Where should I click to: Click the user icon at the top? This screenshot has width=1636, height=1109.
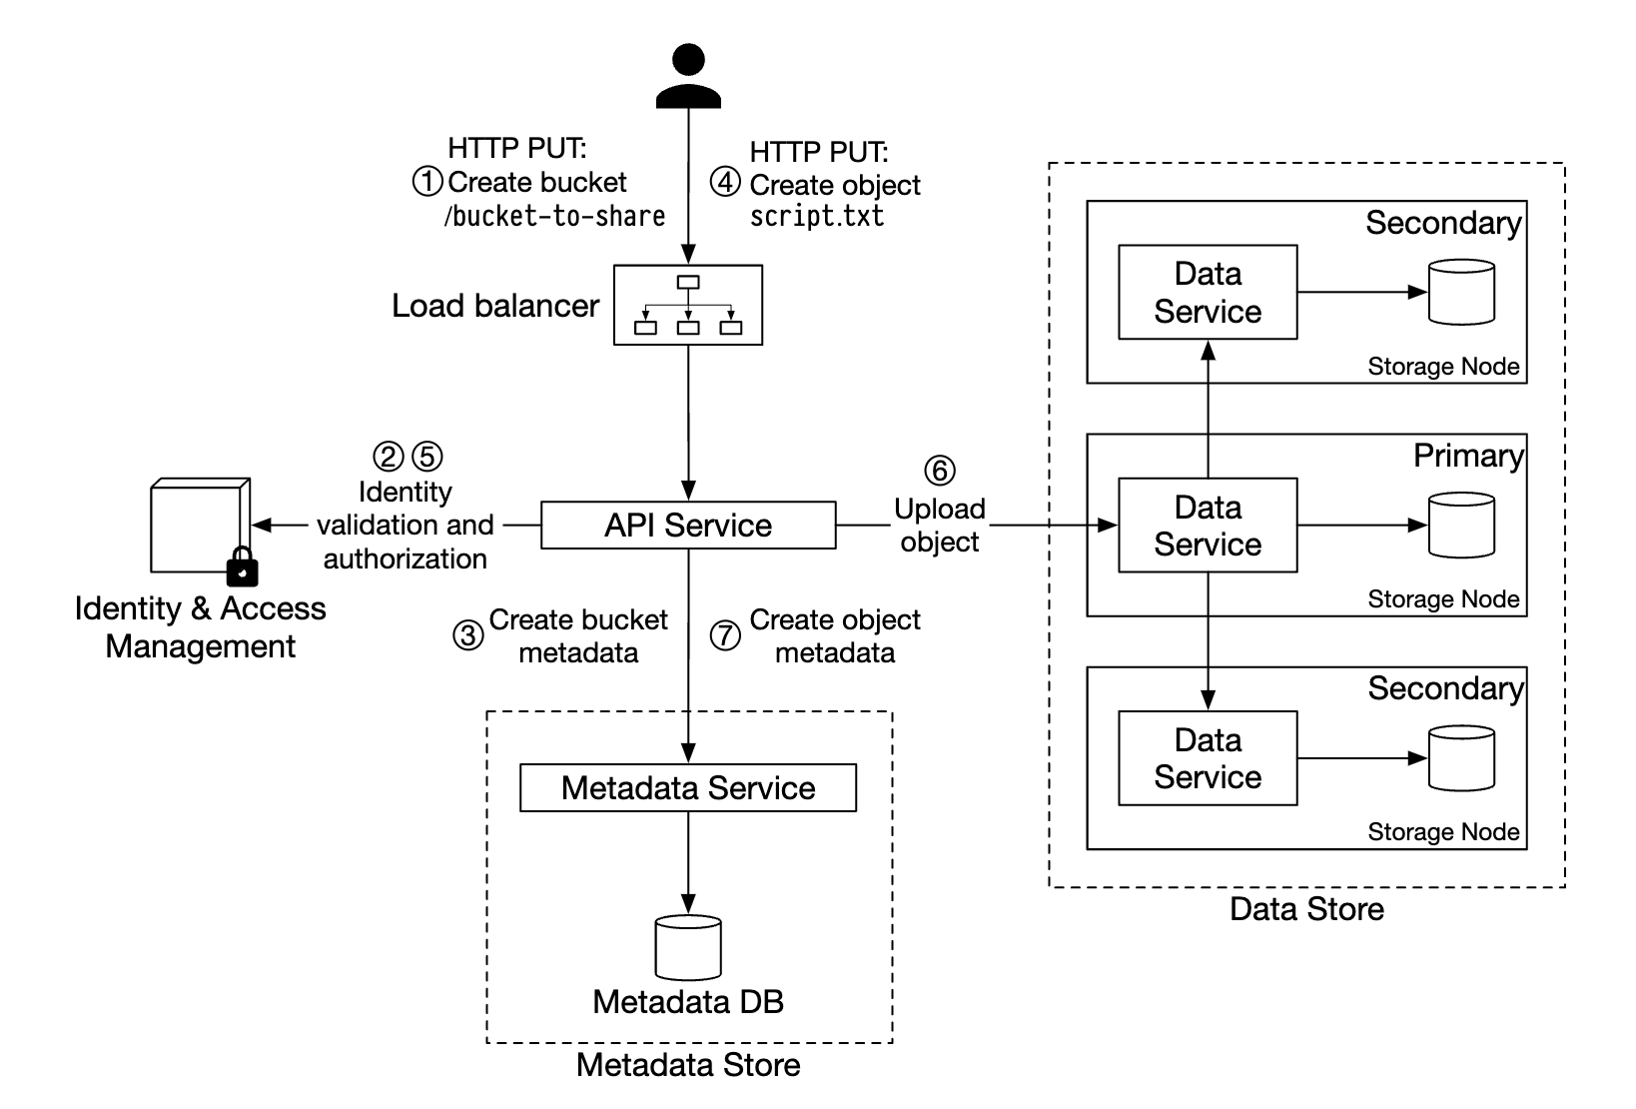688,76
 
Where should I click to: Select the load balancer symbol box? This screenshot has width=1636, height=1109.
688,305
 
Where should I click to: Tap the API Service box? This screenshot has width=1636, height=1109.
688,526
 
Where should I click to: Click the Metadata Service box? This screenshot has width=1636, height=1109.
688,788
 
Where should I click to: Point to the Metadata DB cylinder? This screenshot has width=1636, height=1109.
688,947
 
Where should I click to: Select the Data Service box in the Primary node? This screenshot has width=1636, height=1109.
1208,526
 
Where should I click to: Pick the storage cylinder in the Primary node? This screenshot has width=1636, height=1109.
1461,526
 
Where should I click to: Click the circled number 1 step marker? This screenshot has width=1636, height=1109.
427,182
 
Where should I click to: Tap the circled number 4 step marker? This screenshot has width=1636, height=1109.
725,182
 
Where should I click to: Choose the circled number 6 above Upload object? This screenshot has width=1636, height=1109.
939,471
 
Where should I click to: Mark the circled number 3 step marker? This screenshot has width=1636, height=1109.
468,635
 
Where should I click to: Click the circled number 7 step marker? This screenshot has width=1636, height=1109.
725,635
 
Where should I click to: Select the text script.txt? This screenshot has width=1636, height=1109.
817,217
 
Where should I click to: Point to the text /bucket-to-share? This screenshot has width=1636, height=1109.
555,217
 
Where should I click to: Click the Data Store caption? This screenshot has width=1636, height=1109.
1306,909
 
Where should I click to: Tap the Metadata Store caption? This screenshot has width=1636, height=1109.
688,1065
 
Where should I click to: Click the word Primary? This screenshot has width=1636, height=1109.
1467,457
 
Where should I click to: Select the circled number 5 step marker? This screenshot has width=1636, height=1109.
427,457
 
